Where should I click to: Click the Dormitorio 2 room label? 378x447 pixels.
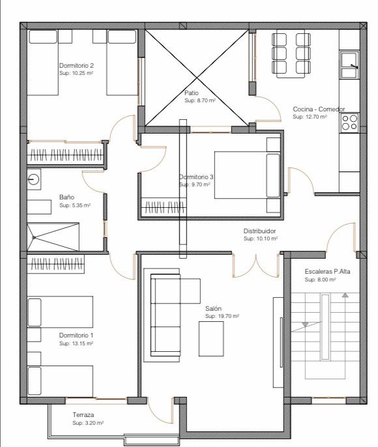click(76, 65)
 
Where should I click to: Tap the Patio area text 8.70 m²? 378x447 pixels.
click(200, 100)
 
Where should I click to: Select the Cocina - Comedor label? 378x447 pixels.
click(319, 109)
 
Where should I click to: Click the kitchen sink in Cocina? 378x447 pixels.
click(349, 65)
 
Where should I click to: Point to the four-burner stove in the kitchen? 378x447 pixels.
click(349, 123)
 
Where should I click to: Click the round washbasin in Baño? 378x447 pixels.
click(34, 179)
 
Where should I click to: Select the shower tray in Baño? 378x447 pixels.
click(53, 237)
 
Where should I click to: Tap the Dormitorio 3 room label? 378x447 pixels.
click(196, 177)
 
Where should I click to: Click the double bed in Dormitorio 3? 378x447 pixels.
click(247, 175)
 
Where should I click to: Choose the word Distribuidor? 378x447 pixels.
click(259, 231)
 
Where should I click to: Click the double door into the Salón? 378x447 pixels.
click(255, 265)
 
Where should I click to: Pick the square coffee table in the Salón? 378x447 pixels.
click(211, 339)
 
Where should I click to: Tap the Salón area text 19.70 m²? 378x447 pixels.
click(222, 316)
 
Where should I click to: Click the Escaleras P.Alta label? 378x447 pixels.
click(327, 271)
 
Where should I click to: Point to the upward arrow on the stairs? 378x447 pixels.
click(345, 295)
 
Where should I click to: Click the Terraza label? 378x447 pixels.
click(83, 415)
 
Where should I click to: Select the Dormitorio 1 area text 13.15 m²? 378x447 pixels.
click(76, 343)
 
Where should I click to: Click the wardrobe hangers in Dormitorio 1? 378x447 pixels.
click(56, 264)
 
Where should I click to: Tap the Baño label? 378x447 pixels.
click(66, 197)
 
